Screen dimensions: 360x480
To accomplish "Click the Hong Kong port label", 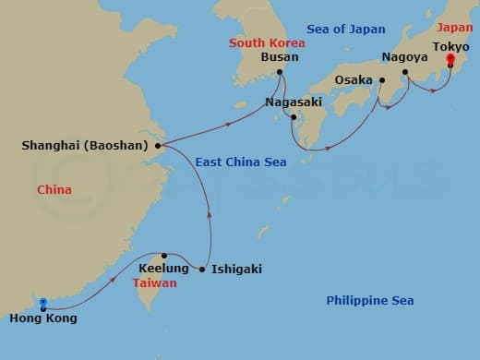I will coord(44,318).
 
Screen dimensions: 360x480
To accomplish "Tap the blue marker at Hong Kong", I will coord(43,302).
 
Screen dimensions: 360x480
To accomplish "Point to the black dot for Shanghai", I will coord(159,145).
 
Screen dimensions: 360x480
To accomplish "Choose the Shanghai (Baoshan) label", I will coord(89,145).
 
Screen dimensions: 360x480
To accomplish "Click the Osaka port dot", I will coord(380,80).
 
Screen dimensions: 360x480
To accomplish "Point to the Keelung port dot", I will coord(164,256).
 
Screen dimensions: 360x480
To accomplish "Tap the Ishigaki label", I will coord(236,270).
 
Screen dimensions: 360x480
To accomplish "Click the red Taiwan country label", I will coord(153,283).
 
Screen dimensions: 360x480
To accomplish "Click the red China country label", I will coord(54,190).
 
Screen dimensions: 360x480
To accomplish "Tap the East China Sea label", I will coord(240,162).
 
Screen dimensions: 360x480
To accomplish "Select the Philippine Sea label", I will coord(369,301).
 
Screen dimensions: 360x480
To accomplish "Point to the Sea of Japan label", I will coord(345,30).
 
